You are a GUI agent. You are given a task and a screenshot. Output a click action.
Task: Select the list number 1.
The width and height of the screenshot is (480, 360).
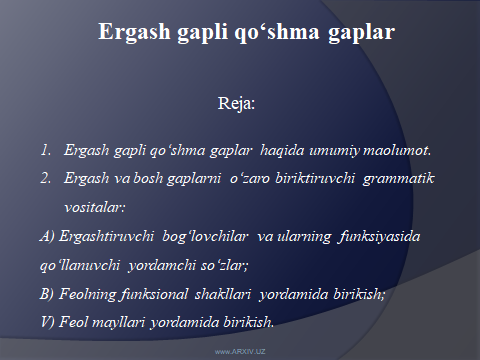tap(45, 151)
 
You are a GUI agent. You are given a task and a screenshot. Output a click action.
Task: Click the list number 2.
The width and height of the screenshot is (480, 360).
tap(45, 176)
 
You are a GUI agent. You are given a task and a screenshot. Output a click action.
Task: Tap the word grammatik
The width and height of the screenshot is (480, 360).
tap(411, 176)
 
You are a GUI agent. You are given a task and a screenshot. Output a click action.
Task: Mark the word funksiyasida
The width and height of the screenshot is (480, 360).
tap(351, 236)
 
